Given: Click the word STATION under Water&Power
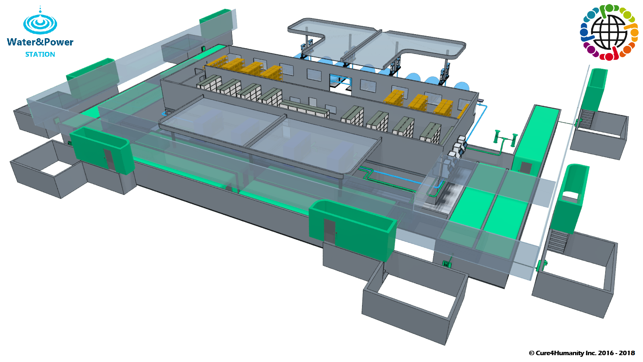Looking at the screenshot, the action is [x=40, y=54].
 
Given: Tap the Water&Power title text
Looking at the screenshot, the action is [x=40, y=42].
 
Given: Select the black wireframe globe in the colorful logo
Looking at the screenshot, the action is [x=609, y=32].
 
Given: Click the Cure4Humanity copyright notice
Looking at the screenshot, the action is [x=582, y=353].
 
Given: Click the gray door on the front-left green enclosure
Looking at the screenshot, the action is [x=109, y=159].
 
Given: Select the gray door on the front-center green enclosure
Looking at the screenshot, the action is [x=330, y=231].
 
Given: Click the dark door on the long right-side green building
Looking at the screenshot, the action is [x=526, y=167].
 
